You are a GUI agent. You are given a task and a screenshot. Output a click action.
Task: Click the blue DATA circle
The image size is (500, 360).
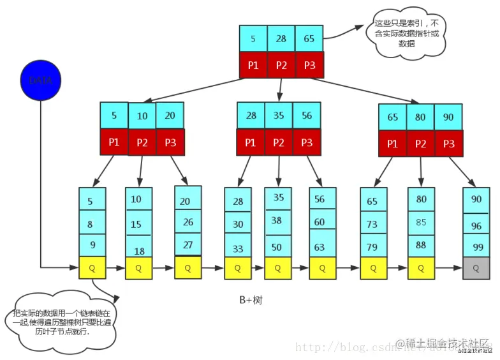41,80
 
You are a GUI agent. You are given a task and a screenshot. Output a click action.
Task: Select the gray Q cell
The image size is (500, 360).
476,268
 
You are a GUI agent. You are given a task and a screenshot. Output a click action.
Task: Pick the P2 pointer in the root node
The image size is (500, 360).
281,65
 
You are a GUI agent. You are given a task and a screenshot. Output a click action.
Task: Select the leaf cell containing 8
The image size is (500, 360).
90,224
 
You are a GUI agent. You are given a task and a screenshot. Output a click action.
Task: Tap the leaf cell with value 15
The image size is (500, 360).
136,225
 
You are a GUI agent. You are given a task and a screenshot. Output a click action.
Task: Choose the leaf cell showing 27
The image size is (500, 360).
187,244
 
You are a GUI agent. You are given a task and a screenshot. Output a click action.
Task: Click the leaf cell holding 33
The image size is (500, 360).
238,248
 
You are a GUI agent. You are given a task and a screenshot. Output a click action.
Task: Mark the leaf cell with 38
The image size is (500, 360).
278,221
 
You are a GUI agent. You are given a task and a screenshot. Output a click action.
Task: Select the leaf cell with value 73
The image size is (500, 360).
372,224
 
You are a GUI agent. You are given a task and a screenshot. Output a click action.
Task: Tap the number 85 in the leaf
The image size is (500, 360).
421,223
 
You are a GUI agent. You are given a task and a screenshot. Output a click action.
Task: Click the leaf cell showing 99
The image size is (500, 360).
476,246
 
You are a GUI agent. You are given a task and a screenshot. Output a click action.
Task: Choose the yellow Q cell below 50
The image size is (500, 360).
278,268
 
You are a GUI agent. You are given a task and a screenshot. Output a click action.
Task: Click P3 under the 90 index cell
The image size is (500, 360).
448,143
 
